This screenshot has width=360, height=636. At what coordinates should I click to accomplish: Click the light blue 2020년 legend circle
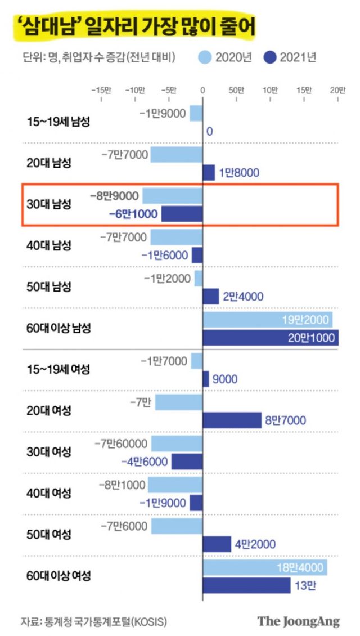point(206,56)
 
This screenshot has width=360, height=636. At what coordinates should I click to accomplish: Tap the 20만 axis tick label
point(337,90)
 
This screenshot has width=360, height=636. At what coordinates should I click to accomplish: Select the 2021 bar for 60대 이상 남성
point(270,338)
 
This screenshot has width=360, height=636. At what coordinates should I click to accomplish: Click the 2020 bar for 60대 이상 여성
point(265,568)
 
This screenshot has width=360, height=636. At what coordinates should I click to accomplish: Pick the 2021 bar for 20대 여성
point(232,420)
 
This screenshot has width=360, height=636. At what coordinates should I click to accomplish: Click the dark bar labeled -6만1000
point(182,214)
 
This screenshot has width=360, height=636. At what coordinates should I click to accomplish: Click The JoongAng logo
point(299,621)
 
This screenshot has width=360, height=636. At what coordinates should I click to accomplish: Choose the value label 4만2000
point(256,544)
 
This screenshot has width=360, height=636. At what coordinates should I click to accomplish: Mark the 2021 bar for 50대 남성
point(210,296)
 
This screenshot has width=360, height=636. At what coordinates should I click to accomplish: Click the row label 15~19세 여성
point(58,370)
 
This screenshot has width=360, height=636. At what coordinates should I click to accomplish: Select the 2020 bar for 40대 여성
point(174,485)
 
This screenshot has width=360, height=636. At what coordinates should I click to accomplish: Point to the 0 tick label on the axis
point(202,90)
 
